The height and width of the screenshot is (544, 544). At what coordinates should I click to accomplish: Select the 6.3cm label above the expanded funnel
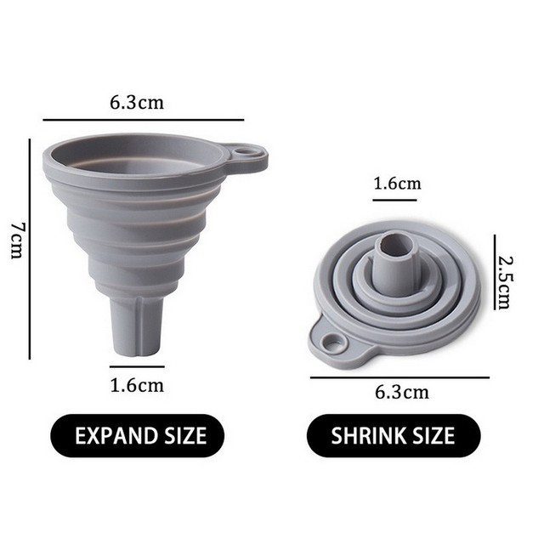pyautogui.click(x=136, y=104)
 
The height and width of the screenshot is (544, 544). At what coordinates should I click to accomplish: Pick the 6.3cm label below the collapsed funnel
pyautogui.click(x=402, y=392)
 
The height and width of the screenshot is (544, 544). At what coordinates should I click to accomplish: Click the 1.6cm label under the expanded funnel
pyautogui.click(x=137, y=384)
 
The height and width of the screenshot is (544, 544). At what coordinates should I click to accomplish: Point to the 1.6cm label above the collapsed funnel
pyautogui.click(x=397, y=184)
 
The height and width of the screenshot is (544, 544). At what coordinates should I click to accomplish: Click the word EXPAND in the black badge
pyautogui.click(x=113, y=436)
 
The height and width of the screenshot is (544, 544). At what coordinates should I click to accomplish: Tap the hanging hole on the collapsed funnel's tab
pyautogui.click(x=334, y=343)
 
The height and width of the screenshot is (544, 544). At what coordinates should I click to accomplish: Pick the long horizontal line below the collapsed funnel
pyautogui.click(x=399, y=377)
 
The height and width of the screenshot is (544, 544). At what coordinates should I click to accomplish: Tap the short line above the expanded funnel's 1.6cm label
pyautogui.click(x=137, y=366)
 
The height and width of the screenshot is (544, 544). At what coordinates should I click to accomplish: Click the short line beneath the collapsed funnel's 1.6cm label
pyautogui.click(x=395, y=200)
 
